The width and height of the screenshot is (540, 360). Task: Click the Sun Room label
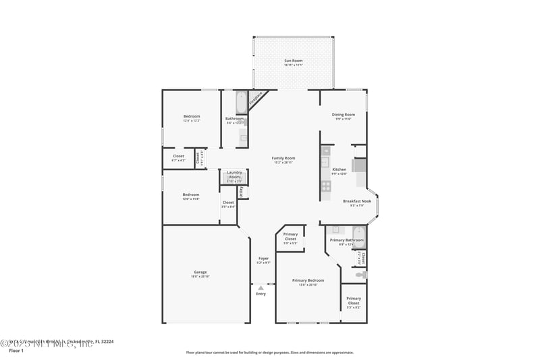click(293, 61)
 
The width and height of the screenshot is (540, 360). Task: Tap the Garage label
click(200, 272)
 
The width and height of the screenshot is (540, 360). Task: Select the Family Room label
click(283, 158)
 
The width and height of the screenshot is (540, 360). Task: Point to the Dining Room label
click(344, 115)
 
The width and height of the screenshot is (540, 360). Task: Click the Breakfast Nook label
click(356, 201)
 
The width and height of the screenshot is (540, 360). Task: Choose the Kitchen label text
click(339, 170)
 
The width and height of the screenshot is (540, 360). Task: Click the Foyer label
click(263, 259)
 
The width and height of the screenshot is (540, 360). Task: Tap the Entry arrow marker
click(261, 288)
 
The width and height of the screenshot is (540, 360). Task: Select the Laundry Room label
click(234, 174)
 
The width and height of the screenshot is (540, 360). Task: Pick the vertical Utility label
click(241, 192)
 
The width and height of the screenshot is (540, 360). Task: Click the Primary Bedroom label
click(308, 280)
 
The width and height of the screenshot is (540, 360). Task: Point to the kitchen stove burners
click(325, 186)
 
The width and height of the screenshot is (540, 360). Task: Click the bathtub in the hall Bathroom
click(241, 103)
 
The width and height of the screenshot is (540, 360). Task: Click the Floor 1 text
click(16, 351)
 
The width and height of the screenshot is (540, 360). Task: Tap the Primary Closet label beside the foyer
click(290, 236)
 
